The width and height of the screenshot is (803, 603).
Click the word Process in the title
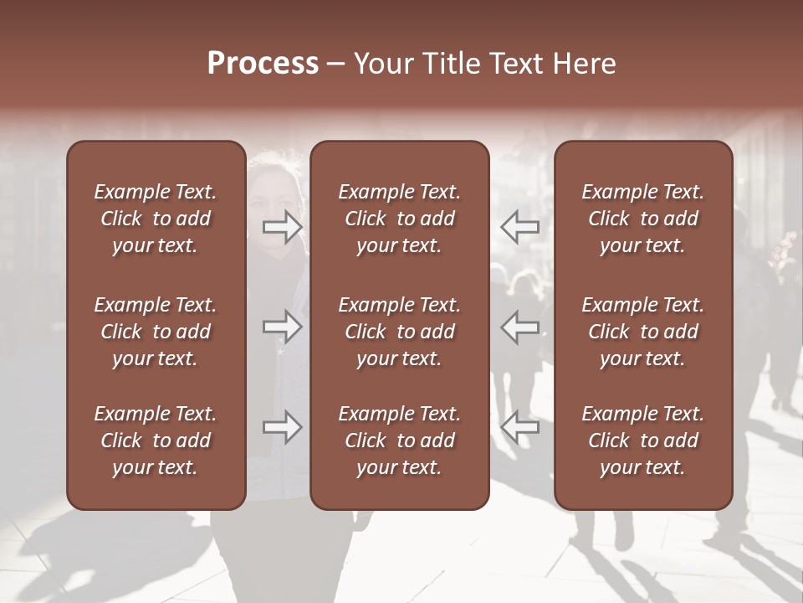(x=263, y=64)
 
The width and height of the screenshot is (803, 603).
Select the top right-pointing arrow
(x=283, y=226)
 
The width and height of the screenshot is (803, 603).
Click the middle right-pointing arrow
(x=283, y=327)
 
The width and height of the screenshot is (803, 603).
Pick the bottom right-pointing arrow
(x=283, y=427)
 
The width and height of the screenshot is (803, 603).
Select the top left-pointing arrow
(x=520, y=226)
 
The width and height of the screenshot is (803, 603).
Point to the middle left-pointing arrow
(x=520, y=327)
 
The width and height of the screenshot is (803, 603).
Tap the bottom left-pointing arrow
(x=520, y=427)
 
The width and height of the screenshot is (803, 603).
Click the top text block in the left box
(x=156, y=219)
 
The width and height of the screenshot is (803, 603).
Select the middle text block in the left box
(x=156, y=332)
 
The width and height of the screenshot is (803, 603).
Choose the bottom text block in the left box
(x=156, y=441)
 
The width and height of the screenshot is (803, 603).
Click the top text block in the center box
(x=399, y=219)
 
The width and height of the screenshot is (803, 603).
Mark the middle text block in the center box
(x=399, y=332)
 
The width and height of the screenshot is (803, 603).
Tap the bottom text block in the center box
(x=399, y=441)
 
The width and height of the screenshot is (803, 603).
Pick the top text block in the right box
(x=642, y=219)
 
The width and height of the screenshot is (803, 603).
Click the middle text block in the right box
(x=642, y=332)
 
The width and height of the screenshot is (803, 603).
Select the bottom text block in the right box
(x=642, y=441)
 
